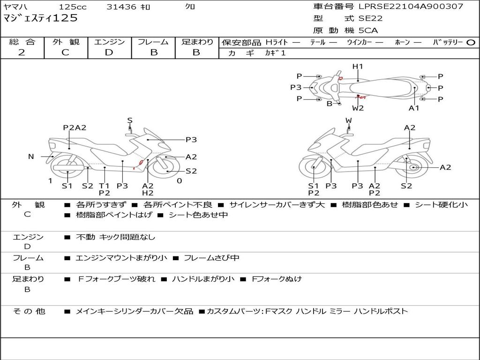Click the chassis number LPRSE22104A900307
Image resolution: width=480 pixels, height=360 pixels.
point(411,7)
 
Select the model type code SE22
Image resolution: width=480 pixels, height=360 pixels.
point(370,19)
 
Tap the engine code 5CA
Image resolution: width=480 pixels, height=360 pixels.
point(368,30)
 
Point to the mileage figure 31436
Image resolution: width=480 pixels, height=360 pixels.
point(121,7)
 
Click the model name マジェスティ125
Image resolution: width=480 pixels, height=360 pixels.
point(40,19)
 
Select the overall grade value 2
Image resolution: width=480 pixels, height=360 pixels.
point(22,52)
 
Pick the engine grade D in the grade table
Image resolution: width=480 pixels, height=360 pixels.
point(109,52)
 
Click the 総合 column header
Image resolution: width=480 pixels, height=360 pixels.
point(22,42)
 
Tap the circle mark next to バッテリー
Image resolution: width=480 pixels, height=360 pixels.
point(471,43)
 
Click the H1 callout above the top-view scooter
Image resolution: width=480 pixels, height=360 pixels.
point(358,67)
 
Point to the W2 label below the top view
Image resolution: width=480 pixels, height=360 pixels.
point(358,108)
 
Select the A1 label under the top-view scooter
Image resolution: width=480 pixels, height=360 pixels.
point(414,108)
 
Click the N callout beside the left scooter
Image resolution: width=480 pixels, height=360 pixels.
point(31,157)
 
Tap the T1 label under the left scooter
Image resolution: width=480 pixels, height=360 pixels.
point(105,185)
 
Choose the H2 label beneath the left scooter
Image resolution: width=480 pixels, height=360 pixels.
point(148,193)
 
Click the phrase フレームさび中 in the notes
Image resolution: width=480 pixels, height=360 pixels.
point(211,258)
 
